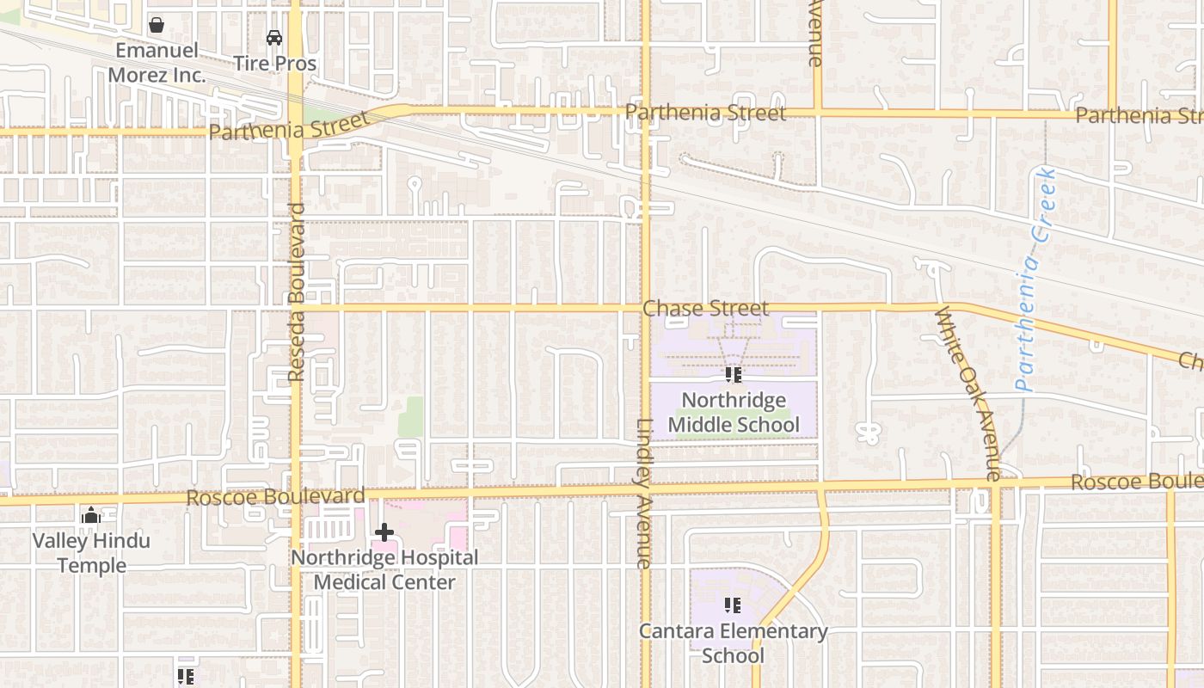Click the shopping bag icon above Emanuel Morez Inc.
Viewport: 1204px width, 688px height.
157,25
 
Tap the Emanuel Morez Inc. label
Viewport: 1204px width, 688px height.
157,63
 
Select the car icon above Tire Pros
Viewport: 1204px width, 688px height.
274,38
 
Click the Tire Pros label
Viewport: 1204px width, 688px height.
275,64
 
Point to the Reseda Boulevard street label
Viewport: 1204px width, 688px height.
297,292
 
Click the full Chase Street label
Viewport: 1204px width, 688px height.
705,309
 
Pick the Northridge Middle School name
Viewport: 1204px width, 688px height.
734,413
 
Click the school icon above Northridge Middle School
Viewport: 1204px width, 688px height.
733,375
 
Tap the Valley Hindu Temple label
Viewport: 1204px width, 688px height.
91,553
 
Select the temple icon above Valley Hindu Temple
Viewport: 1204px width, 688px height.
90,516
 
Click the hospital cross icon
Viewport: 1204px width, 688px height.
384,532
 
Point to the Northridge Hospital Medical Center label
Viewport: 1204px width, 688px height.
384,569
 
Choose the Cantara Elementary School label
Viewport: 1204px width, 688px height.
733,643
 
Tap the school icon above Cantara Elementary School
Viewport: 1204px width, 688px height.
733,605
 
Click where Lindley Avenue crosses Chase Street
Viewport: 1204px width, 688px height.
646,307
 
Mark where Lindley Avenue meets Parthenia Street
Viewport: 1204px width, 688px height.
646,112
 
